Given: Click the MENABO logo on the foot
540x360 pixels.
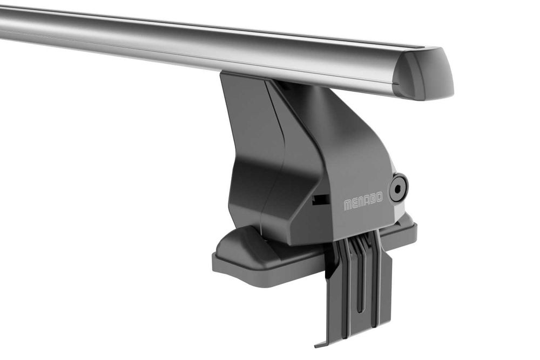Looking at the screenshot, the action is point(363,202).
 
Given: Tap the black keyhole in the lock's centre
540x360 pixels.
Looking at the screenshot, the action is point(398,189).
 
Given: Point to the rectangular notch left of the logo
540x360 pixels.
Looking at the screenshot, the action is point(320,200).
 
